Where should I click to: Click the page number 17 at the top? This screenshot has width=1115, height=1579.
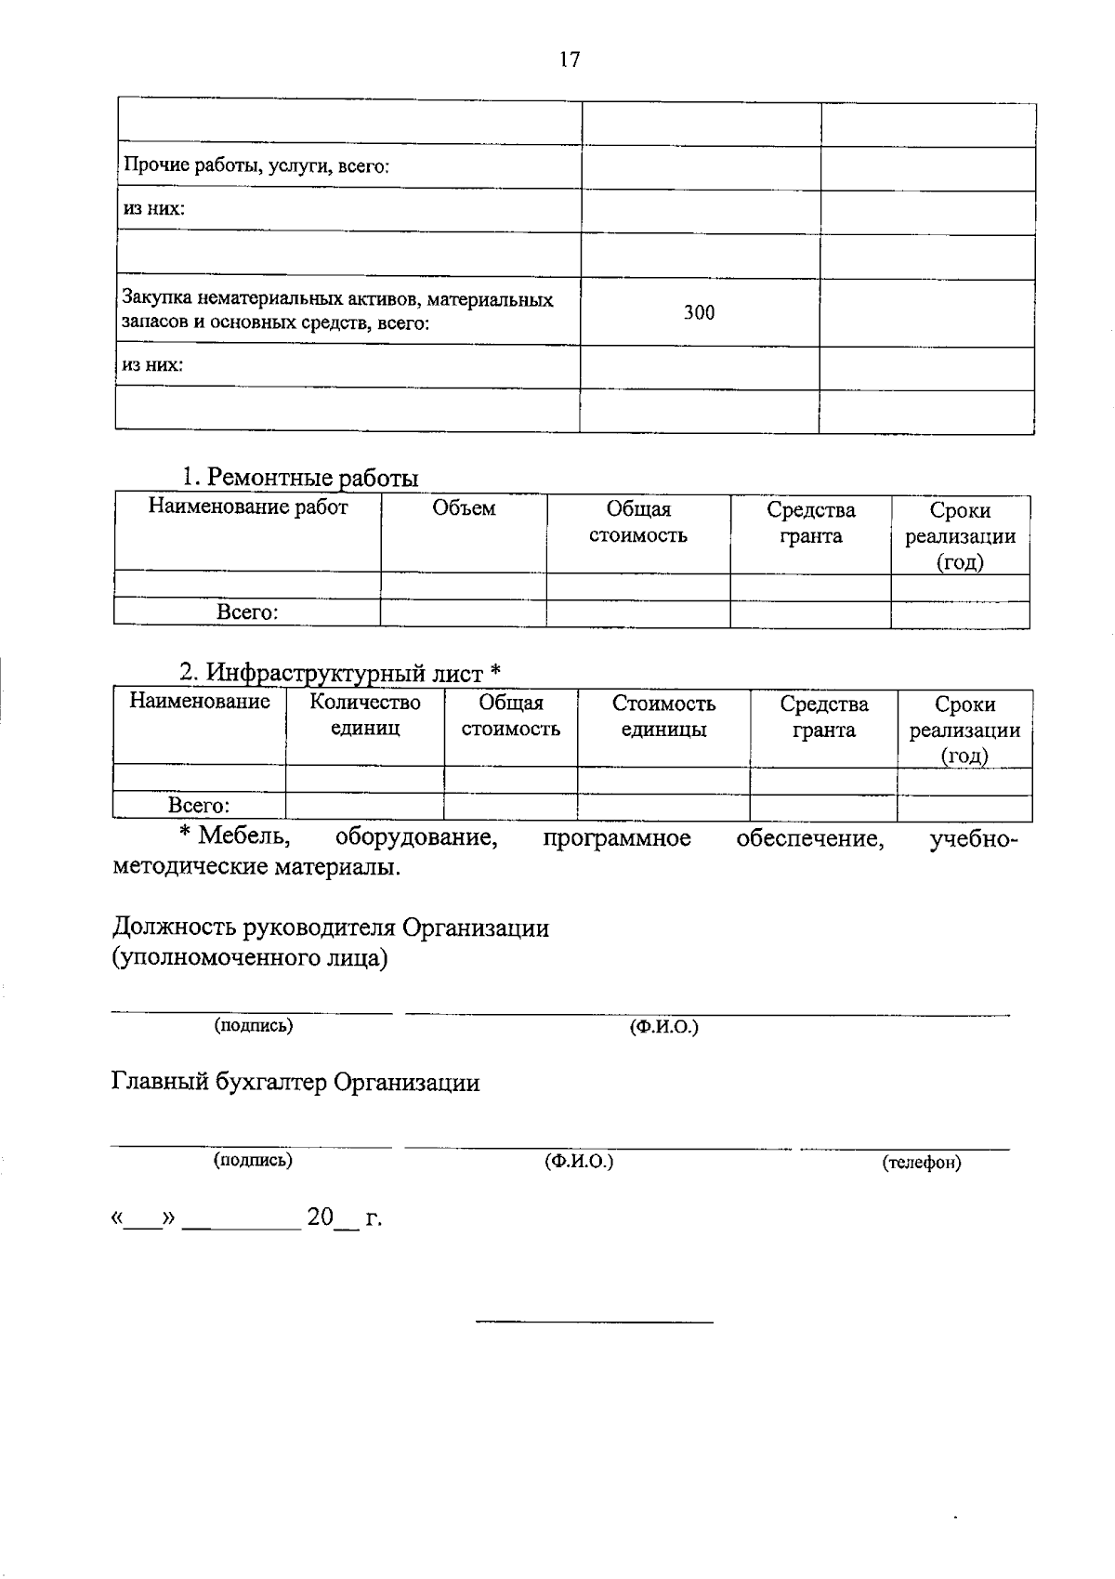pos(570,60)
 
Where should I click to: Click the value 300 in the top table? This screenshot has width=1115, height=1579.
pos(699,313)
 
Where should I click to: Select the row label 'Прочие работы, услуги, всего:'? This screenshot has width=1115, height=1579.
pos(256,167)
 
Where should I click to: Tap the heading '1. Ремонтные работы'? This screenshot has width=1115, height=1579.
pos(299,478)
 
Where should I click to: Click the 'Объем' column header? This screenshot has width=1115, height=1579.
pos(464,508)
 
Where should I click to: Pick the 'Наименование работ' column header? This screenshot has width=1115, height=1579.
pos(248,507)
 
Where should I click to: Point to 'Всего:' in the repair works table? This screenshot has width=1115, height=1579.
pos(247,613)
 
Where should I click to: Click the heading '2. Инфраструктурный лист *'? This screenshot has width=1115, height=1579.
pos(340,672)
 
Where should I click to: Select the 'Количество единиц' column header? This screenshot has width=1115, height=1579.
pos(365,716)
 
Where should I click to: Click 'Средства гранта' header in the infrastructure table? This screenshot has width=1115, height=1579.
pos(823,717)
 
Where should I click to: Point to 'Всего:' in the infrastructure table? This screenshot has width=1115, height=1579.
pos(199,806)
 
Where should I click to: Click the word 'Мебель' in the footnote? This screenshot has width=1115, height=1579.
pos(244,836)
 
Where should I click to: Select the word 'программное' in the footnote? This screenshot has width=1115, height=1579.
pos(617,838)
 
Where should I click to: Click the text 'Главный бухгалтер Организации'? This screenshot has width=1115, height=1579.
pos(295,1083)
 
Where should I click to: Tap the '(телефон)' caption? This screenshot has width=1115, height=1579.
pos(921,1163)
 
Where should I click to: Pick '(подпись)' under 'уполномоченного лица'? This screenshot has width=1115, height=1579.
pos(254,1026)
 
